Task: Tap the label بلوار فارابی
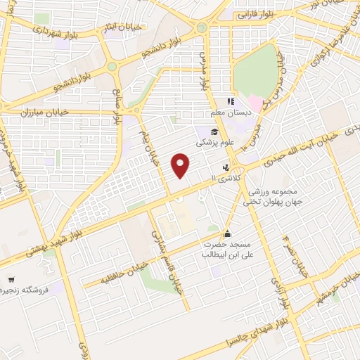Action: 255,13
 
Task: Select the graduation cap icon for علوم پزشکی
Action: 214,131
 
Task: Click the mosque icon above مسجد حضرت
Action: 226,233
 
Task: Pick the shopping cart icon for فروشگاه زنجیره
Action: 10,279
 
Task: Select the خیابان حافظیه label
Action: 124,271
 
